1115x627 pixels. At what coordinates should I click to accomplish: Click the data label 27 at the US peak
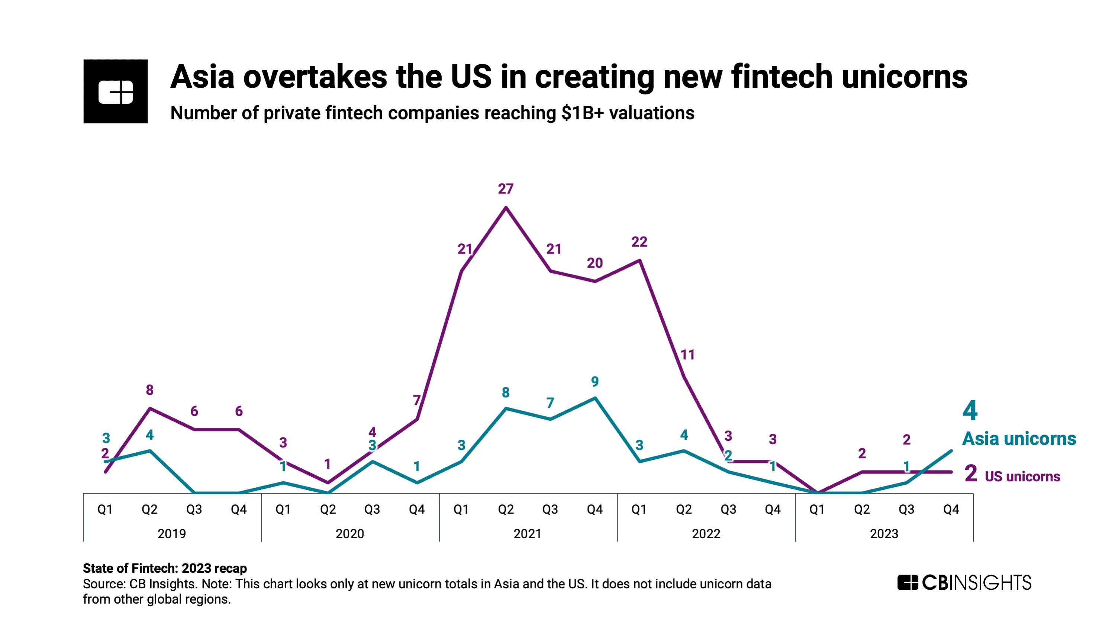tap(505, 189)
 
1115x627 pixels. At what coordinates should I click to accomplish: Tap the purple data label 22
tap(639, 242)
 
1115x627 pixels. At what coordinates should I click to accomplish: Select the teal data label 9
tap(595, 381)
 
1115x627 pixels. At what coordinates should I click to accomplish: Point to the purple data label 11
tap(687, 355)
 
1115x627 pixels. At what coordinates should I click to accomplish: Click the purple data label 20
tap(595, 263)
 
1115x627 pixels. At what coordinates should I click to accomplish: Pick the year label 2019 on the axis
tap(172, 534)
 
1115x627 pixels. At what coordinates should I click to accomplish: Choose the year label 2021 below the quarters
tap(528, 534)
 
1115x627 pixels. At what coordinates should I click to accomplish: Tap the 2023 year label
tap(884, 534)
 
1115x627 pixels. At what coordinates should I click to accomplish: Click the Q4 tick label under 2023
tap(951, 509)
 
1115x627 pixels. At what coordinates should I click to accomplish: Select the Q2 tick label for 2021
tap(506, 509)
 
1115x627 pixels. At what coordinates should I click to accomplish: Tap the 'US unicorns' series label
tap(1022, 476)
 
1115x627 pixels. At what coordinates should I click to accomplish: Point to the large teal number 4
tap(970, 411)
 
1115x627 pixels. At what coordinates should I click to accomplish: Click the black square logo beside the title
tap(116, 91)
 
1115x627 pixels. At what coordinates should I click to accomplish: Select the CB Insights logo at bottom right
tap(964, 582)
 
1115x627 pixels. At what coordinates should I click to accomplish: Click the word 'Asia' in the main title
tap(203, 77)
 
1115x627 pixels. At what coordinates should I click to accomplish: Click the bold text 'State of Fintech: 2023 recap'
tap(165, 568)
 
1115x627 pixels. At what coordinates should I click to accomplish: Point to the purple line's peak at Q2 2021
tap(506, 208)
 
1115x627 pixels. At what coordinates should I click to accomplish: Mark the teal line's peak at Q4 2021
tap(595, 398)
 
